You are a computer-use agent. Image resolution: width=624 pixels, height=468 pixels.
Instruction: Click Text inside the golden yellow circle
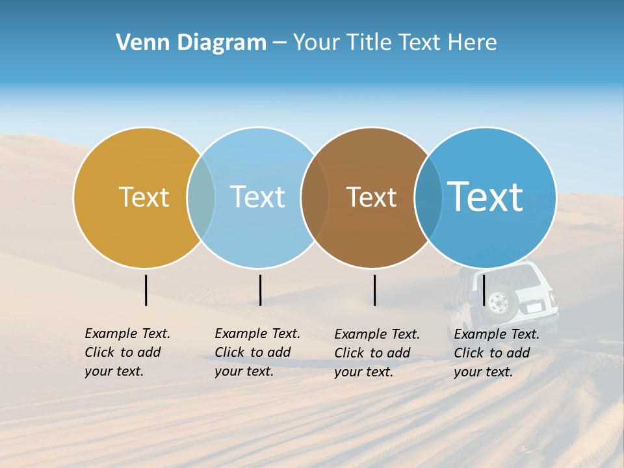click(144, 197)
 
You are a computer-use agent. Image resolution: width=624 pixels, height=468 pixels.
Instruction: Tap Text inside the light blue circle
click(257, 197)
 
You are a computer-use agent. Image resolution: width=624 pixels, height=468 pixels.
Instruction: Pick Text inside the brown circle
click(371, 197)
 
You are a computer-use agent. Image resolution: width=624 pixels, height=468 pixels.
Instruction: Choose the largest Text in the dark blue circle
click(486, 196)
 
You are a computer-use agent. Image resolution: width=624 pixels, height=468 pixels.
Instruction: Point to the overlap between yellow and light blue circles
click(201, 197)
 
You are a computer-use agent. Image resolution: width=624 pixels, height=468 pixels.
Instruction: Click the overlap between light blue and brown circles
click(315, 197)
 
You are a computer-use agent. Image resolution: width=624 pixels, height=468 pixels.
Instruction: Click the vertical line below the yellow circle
click(146, 290)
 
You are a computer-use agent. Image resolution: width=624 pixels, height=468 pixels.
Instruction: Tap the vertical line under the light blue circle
click(260, 290)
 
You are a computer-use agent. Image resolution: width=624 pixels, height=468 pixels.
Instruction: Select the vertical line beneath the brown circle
click(374, 290)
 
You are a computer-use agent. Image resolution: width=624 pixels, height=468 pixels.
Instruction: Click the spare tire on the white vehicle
click(499, 304)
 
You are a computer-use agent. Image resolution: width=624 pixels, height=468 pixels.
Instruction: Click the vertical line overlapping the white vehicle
click(484, 290)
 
